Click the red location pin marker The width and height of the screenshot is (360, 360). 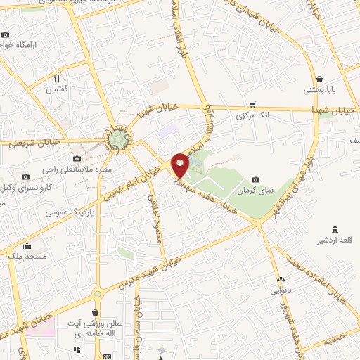coord(181,165)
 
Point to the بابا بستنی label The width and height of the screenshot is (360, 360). coord(320,90)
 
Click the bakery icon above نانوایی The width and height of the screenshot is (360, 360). coord(280,278)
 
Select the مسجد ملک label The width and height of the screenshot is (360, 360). coord(27,257)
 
